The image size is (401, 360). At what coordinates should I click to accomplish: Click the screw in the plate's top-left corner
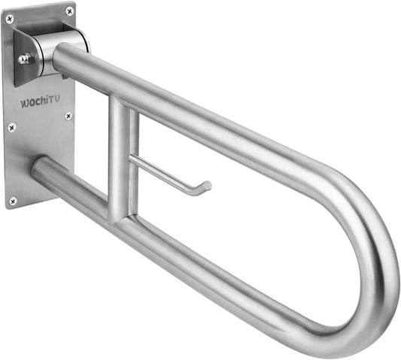[x=10, y=20]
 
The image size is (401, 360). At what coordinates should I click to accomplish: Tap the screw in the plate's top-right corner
[x=70, y=10]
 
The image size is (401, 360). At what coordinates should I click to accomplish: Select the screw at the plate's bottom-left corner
[x=12, y=200]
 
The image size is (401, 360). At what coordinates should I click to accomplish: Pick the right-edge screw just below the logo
[x=68, y=116]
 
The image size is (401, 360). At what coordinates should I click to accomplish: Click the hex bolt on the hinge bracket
[x=24, y=58]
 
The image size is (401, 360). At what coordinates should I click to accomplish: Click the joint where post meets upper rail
[x=122, y=105]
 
